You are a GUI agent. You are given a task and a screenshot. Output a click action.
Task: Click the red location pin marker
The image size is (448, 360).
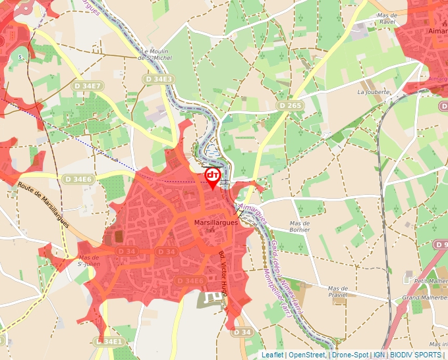213,177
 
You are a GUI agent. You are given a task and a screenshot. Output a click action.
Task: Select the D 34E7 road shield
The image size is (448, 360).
86,86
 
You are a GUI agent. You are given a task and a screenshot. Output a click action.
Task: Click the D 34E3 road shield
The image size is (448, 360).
159,79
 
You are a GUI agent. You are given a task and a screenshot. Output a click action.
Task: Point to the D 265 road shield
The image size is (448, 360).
290,105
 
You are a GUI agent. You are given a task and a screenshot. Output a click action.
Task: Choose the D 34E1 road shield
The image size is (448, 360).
109,342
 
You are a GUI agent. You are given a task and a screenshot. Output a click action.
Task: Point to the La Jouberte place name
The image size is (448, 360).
374,92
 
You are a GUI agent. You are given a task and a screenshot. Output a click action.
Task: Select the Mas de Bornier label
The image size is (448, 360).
300,227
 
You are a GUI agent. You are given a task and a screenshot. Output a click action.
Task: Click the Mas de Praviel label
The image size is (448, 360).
338,292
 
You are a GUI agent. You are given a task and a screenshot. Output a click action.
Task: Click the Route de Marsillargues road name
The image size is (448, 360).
44,205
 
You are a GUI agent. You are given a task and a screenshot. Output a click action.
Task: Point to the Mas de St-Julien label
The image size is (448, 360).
89,261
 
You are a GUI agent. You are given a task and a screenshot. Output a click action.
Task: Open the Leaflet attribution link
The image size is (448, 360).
272,355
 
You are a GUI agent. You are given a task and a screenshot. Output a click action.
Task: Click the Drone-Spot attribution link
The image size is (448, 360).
350,355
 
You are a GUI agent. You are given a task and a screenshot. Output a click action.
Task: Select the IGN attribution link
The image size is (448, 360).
379,355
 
